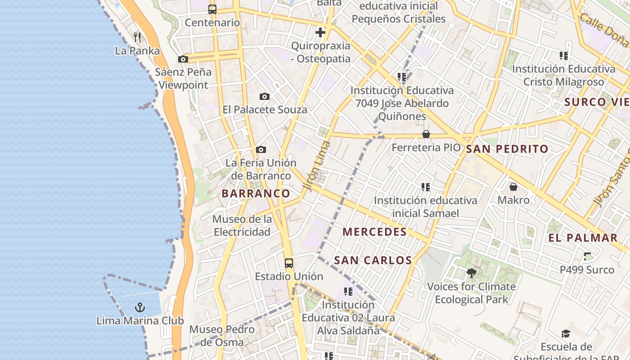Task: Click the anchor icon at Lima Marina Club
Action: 140,307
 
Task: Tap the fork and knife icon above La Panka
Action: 138,37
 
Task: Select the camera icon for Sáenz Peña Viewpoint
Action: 183,59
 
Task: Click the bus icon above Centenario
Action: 212,9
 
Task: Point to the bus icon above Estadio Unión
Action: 289,263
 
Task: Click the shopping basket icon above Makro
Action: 513,186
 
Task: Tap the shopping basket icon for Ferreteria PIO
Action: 426,134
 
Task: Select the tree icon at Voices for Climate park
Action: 471,273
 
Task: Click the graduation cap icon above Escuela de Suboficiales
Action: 566,333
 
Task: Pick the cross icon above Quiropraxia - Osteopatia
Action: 320,32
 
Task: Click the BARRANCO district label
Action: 256,193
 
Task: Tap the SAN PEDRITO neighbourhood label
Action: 507,149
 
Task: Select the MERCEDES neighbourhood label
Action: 374,232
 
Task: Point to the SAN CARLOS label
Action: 373,260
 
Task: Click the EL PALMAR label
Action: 583,238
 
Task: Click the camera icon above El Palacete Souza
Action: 265,96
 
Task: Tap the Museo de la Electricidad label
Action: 242,225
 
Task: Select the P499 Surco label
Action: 587,270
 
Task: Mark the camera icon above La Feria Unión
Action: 261,149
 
